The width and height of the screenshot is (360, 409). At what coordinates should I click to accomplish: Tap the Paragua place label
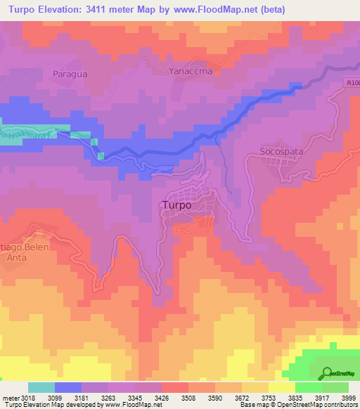point(68,72)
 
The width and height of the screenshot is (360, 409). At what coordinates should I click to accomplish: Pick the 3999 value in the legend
point(348,397)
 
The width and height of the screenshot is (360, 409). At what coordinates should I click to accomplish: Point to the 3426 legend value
point(161,397)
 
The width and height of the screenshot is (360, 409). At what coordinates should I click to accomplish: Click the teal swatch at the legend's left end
point(41,387)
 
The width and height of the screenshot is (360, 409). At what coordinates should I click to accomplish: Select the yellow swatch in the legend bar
point(281,387)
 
